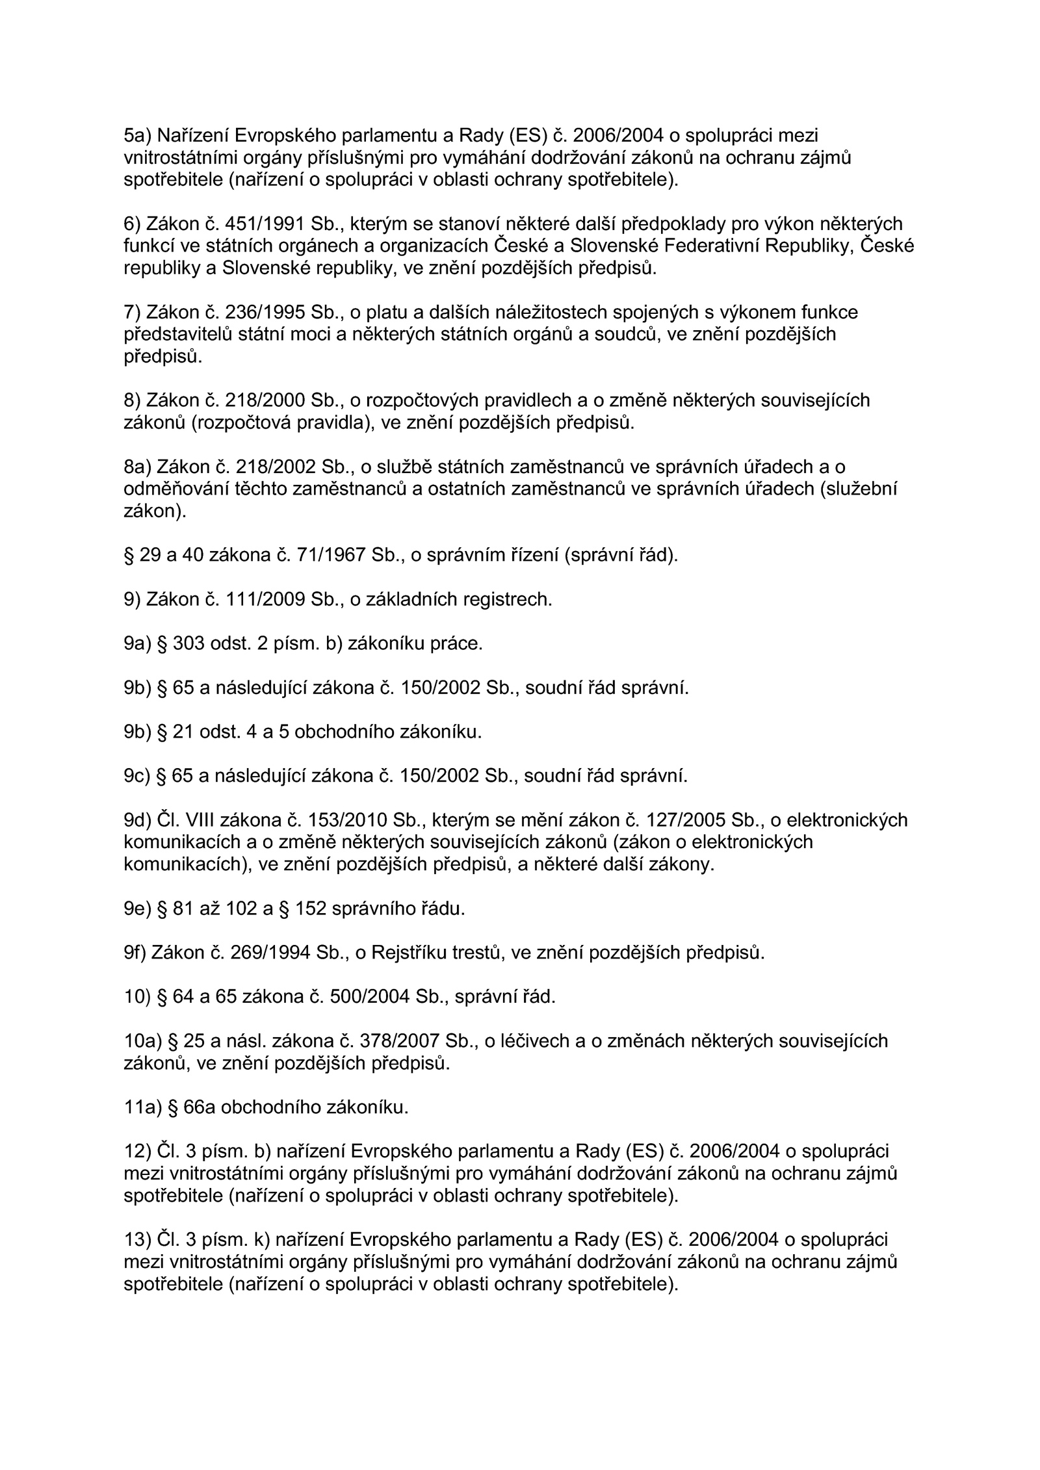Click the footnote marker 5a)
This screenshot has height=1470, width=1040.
[x=137, y=136]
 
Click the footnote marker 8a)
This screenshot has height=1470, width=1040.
[x=137, y=467]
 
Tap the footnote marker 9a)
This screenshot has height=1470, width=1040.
[x=137, y=644]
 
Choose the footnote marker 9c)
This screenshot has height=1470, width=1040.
[x=137, y=777]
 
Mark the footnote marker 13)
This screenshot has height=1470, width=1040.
[x=137, y=1241]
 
